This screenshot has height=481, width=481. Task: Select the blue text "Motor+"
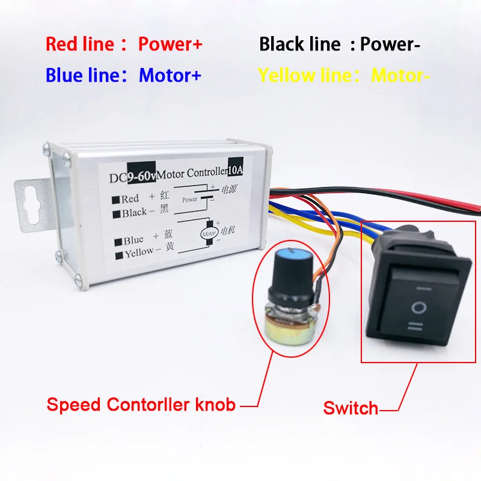pyautogui.click(x=170, y=75)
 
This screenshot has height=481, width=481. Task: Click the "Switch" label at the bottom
pyautogui.click(x=351, y=408)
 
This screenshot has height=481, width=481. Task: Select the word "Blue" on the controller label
pyautogui.click(x=133, y=240)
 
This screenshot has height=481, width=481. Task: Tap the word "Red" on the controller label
pyautogui.click(x=130, y=198)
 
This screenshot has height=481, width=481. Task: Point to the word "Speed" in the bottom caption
pyautogui.click(x=74, y=405)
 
